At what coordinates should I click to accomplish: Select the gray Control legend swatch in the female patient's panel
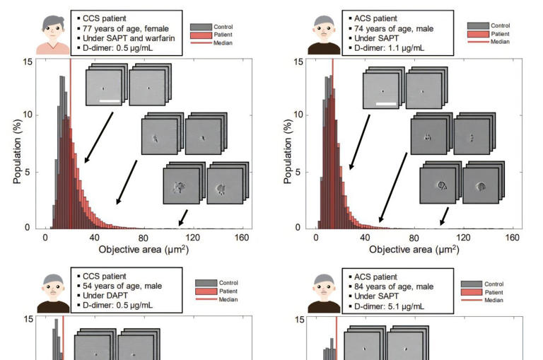201,27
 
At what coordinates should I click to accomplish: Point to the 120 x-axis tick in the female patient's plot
193,238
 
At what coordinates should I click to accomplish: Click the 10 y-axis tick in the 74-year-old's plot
299,115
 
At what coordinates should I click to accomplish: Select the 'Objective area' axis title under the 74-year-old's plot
414,250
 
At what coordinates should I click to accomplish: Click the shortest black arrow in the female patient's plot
183,216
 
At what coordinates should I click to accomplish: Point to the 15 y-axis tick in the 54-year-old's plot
28,319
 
